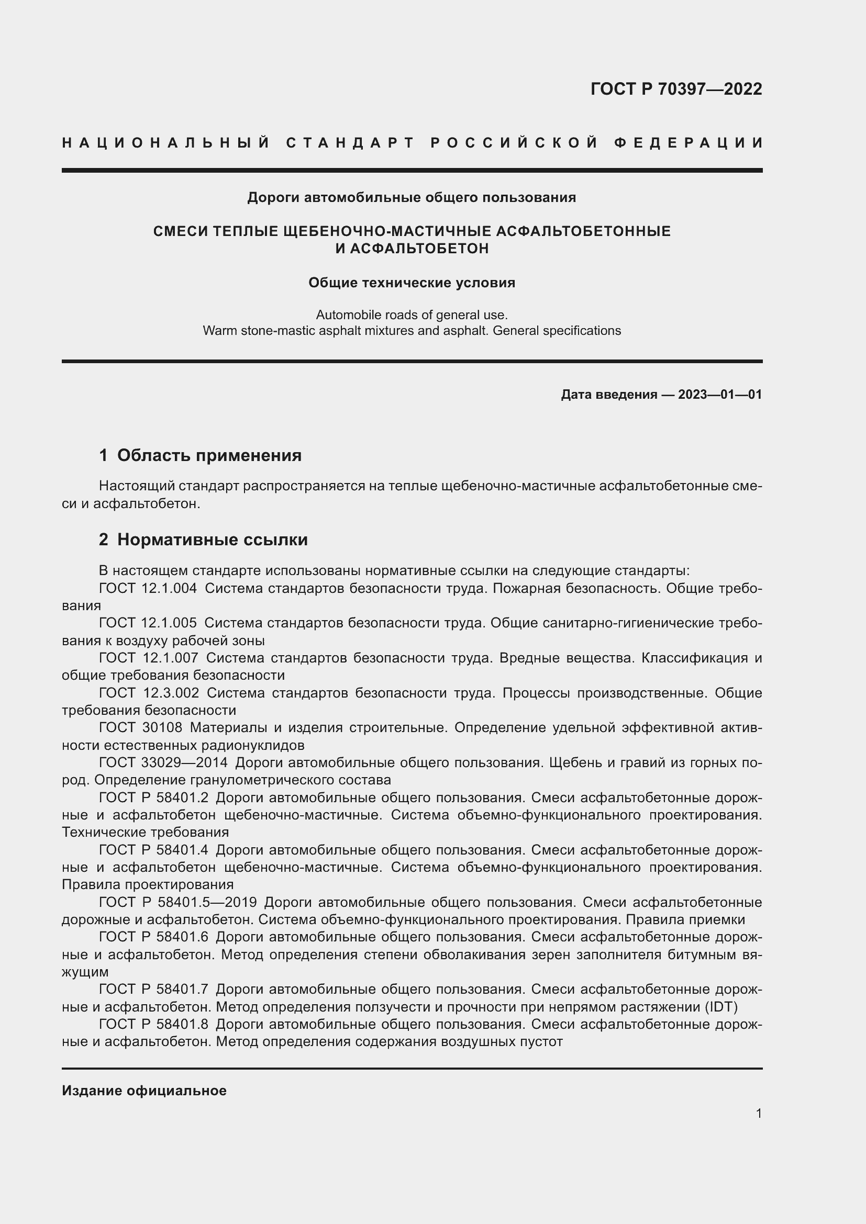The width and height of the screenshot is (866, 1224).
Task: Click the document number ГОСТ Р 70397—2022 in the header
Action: pos(676,89)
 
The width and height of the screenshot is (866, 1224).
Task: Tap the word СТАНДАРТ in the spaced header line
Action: pos(350,143)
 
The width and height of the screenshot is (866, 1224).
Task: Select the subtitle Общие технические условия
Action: pos(412,283)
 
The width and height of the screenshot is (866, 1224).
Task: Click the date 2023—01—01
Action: pos(720,395)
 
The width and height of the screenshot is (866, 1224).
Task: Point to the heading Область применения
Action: pos(209,455)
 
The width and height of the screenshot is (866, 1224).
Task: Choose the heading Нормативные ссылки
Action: pos(212,540)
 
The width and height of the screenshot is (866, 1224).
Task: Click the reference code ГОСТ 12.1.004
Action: pos(148,589)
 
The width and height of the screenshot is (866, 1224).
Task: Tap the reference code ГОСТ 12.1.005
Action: pos(148,623)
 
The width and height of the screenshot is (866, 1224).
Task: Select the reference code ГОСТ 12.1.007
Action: pos(148,658)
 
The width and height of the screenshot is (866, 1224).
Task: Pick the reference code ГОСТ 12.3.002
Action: pos(149,693)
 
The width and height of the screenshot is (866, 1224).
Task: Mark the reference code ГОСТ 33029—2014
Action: pos(163,763)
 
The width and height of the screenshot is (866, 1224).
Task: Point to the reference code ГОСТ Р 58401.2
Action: pos(153,798)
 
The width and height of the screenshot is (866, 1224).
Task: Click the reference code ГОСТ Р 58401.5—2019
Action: pos(178,903)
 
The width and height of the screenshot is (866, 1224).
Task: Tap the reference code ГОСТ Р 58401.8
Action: pos(153,1024)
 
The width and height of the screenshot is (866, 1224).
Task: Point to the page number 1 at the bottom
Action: pos(759,1113)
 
